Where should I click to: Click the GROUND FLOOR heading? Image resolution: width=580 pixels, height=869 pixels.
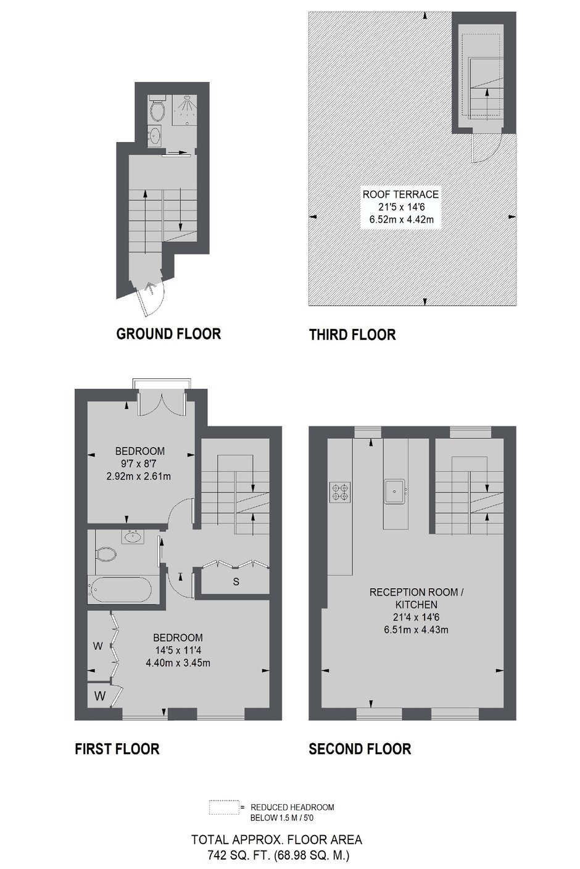click(x=168, y=334)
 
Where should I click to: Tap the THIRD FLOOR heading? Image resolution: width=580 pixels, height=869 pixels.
click(x=352, y=335)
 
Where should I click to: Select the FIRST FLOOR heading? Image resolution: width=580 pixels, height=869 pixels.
click(x=117, y=749)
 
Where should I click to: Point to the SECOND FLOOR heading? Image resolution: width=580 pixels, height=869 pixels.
click(x=360, y=749)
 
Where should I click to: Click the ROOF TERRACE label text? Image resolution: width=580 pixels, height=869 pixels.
click(x=401, y=194)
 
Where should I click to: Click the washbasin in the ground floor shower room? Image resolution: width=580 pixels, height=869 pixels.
click(x=155, y=135)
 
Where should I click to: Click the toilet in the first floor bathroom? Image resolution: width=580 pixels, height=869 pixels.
click(x=105, y=554)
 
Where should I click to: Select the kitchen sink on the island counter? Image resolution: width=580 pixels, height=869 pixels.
click(x=395, y=491)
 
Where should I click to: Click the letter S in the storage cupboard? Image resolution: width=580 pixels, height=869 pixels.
click(x=236, y=582)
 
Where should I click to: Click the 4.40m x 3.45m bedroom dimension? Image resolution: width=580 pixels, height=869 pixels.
click(x=178, y=663)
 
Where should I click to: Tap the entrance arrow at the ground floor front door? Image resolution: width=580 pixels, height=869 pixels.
click(x=150, y=287)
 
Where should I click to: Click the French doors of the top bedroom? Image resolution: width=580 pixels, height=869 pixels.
click(x=162, y=404)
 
